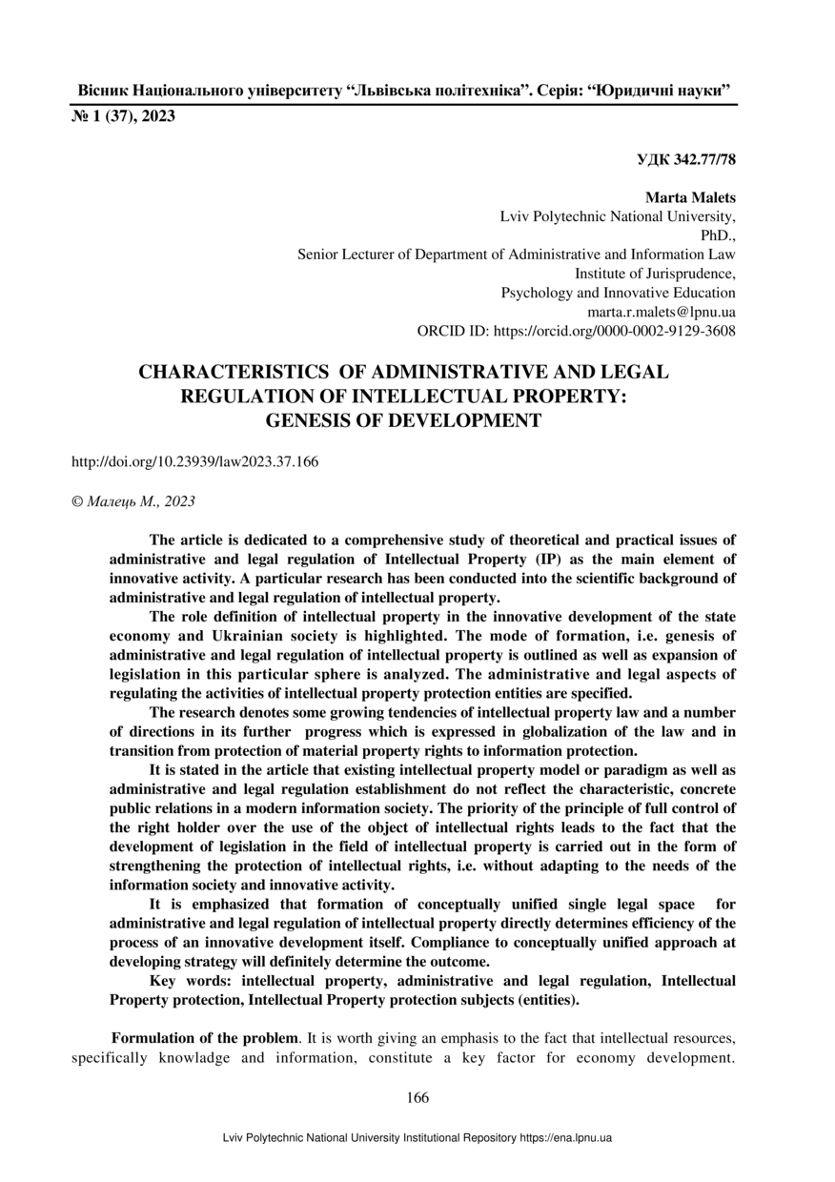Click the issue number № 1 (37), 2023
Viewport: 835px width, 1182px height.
click(124, 117)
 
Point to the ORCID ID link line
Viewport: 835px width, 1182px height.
click(577, 331)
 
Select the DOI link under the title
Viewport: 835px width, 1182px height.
click(195, 461)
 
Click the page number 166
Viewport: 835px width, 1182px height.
click(417, 1097)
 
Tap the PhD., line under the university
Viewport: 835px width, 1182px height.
click(718, 235)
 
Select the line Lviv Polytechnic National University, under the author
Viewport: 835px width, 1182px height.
click(618, 217)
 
